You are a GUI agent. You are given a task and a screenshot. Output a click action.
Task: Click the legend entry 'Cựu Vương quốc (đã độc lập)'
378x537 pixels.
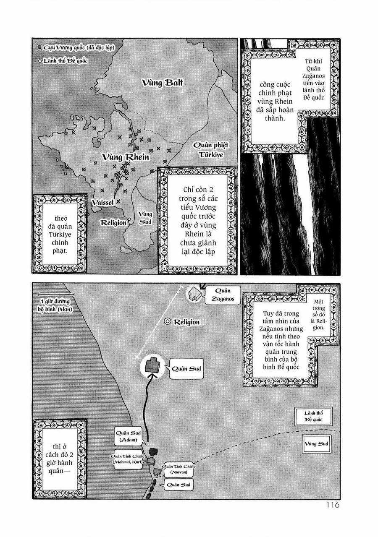tap(76, 47)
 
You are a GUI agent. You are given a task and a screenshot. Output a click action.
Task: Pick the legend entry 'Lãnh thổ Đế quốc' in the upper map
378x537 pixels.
tap(65, 61)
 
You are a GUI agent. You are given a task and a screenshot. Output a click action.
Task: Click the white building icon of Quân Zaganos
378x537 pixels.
tap(194, 294)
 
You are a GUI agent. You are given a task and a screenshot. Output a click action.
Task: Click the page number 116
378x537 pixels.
tap(332, 505)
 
